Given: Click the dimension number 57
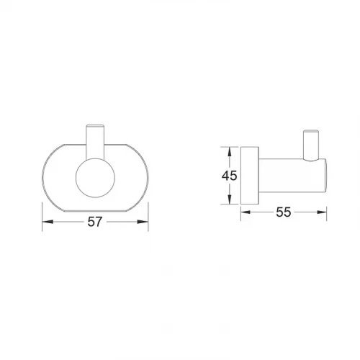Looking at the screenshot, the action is (x=95, y=222).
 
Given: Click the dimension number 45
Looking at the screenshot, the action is (x=230, y=176).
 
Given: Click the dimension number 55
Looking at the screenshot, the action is (x=284, y=212).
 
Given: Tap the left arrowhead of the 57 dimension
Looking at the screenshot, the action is (x=48, y=222).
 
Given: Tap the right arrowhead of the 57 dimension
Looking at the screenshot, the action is (x=143, y=222).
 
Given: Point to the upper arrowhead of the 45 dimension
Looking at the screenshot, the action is (x=230, y=152).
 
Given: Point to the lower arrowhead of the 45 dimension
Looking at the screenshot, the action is (x=230, y=199).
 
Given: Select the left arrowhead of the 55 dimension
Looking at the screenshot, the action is (x=246, y=212).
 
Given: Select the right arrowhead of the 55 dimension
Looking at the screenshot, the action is (x=321, y=212).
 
